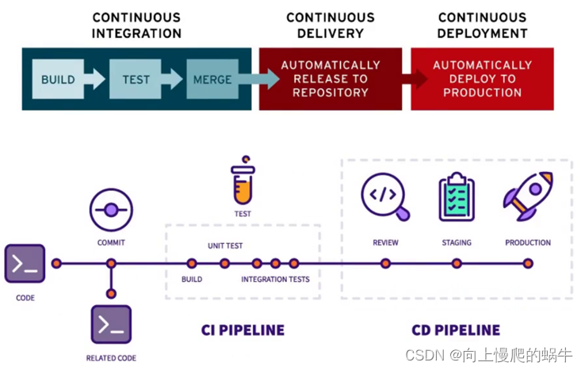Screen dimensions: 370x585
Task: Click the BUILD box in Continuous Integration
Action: click(58, 79)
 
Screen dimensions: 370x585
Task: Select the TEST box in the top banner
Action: click(135, 79)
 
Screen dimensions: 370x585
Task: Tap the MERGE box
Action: click(212, 79)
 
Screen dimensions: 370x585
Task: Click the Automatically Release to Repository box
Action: click(330, 78)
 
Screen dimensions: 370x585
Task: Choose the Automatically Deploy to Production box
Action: click(482, 78)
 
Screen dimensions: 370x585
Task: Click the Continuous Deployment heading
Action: click(482, 25)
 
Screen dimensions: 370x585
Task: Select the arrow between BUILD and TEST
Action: click(95, 79)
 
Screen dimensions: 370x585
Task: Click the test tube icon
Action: click(243, 185)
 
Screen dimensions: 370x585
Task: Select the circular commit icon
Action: click(110, 209)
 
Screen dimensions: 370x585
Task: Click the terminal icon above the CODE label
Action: click(25, 264)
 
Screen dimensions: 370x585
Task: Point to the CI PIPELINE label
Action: click(243, 330)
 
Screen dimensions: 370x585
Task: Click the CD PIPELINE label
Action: click(456, 330)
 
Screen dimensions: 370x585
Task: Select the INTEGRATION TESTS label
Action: click(275, 280)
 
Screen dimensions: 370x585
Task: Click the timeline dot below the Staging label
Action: click(456, 264)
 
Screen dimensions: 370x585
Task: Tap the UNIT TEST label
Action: click(224, 246)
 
